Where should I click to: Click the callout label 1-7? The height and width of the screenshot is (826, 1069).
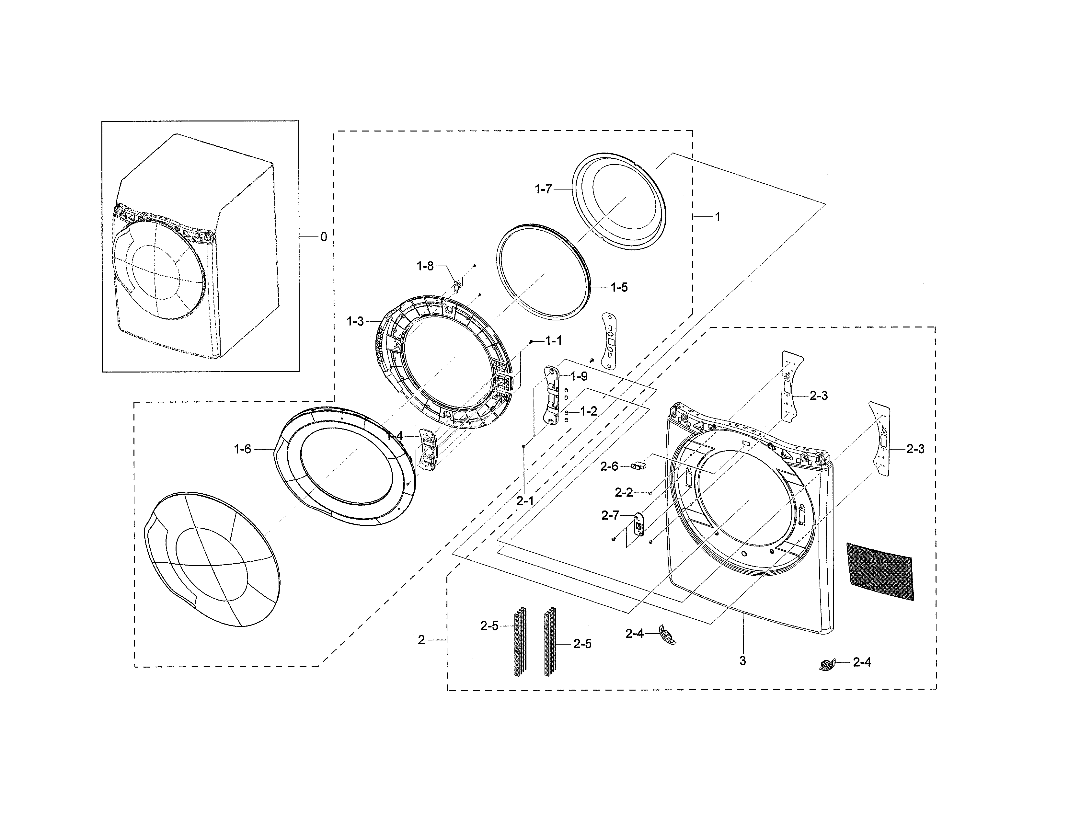pyautogui.click(x=543, y=189)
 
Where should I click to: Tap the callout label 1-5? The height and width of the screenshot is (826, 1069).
pyautogui.click(x=619, y=287)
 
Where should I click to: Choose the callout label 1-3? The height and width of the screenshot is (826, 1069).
pyautogui.click(x=355, y=322)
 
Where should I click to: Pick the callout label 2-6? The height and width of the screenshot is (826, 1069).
pyautogui.click(x=609, y=466)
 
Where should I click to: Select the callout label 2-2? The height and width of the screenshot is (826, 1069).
pyautogui.click(x=624, y=492)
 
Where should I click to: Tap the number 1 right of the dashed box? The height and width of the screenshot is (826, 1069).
pyautogui.click(x=718, y=216)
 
